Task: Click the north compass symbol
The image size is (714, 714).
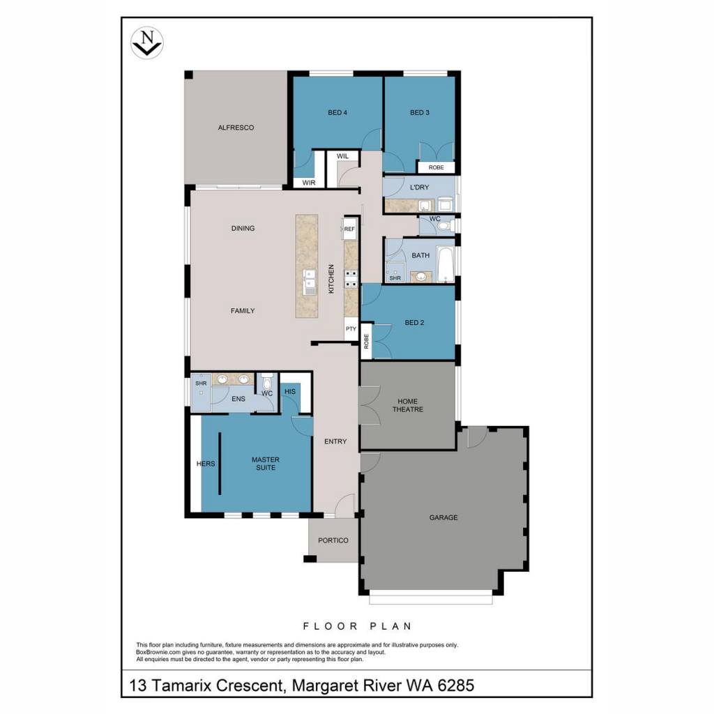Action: [146, 43]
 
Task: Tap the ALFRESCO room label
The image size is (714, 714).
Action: [236, 128]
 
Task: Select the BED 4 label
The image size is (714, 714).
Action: [337, 112]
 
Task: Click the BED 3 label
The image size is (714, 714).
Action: [419, 112]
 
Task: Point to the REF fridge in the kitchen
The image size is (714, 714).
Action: [349, 229]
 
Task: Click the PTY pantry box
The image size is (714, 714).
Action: [351, 330]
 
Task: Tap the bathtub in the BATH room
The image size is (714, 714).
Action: [445, 264]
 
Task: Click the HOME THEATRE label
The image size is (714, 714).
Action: [407, 405]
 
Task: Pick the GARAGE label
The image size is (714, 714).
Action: [443, 517]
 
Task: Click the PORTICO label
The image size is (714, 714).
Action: [333, 540]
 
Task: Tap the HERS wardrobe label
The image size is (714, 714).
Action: [206, 464]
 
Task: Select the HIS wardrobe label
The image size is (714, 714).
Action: [290, 391]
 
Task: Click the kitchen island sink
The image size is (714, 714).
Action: [310, 281]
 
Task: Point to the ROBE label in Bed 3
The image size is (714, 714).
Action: [436, 167]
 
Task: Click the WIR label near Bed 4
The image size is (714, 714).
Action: [309, 183]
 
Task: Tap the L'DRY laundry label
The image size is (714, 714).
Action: [419, 187]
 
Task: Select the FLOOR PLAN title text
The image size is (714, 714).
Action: [358, 626]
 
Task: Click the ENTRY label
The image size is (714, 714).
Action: [335, 441]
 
